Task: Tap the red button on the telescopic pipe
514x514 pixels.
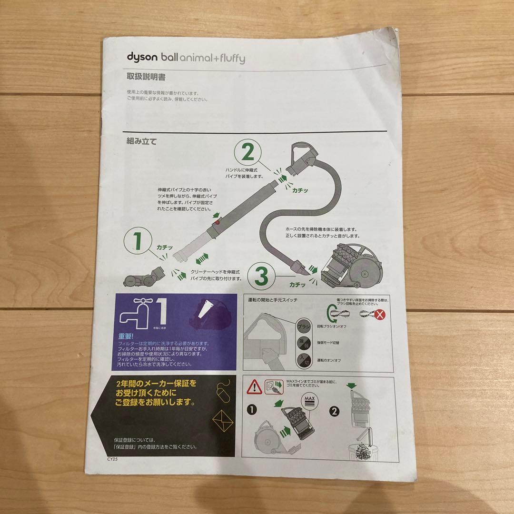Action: click(x=217, y=222)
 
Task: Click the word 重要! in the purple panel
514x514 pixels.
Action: click(x=127, y=336)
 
